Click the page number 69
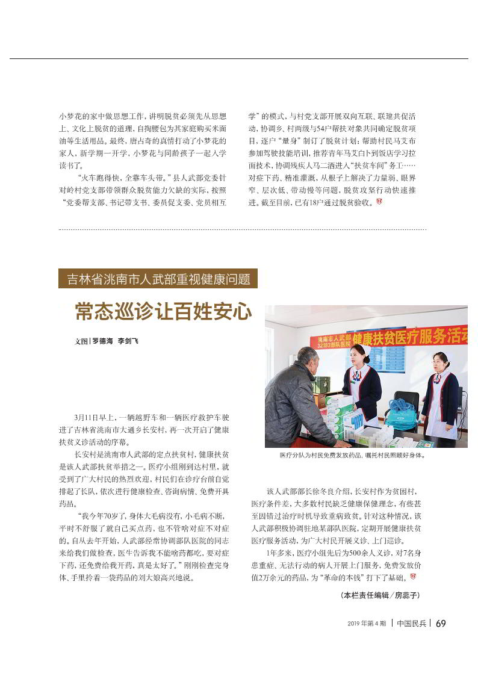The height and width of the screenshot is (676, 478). [440, 623]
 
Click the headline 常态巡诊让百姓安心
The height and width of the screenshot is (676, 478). [163, 311]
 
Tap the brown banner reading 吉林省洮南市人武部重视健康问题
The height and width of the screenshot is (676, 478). [158, 279]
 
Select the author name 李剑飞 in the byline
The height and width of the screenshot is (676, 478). [128, 341]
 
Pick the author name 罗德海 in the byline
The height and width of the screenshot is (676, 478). [103, 341]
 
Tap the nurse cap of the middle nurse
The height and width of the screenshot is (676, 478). [360, 349]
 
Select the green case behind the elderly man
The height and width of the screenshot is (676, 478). [320, 384]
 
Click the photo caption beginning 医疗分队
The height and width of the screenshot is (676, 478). [352, 455]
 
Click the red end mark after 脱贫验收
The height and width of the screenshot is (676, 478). [379, 202]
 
